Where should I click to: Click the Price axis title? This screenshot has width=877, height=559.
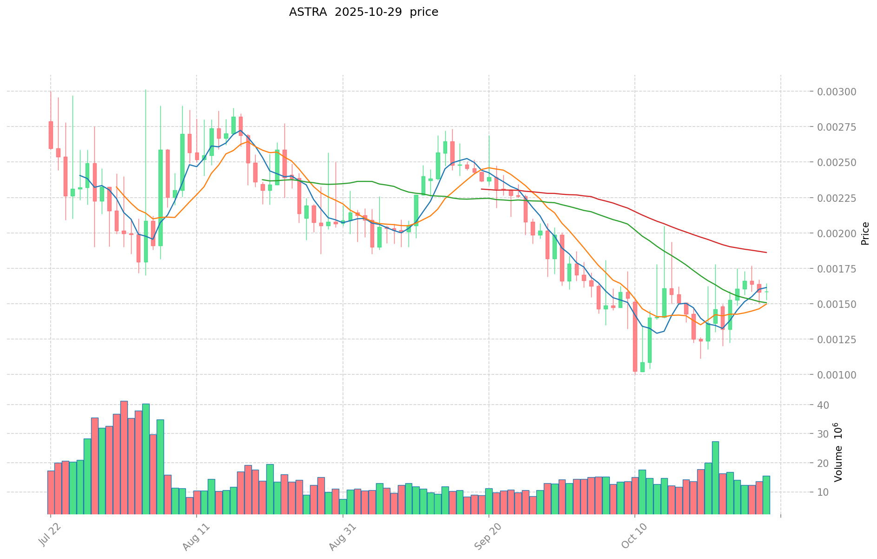865,233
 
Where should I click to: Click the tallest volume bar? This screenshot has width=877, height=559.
124,457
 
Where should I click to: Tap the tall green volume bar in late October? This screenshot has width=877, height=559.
715,477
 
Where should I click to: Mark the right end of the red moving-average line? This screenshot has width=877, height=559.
766,253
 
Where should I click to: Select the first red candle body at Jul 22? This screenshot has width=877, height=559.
51,135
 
